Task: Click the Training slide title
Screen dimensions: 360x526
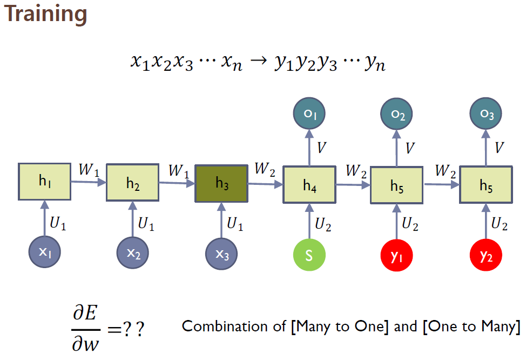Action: (x=46, y=15)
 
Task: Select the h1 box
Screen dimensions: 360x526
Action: (x=44, y=182)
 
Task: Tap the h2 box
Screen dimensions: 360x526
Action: (x=132, y=184)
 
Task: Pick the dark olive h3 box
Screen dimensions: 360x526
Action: (x=221, y=184)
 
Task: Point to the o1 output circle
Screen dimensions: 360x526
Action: (x=309, y=114)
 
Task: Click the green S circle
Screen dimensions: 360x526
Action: (x=309, y=255)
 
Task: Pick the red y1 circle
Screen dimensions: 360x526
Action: (x=397, y=255)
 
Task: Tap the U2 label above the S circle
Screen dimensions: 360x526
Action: (x=322, y=224)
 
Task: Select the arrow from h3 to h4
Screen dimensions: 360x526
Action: (x=265, y=184)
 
